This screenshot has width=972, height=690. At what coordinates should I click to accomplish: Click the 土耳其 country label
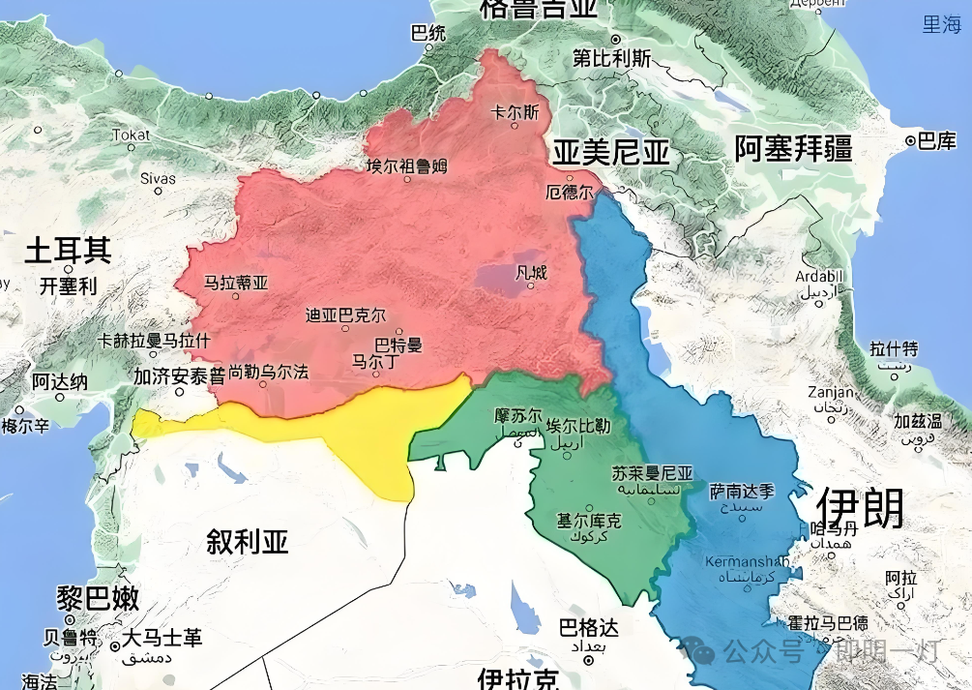(68, 251)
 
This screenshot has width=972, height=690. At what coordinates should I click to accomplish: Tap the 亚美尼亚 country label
(611, 152)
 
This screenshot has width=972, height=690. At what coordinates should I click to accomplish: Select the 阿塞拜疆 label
(793, 149)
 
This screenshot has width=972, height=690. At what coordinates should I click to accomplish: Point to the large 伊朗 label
(860, 506)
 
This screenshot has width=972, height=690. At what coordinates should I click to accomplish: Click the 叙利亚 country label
(248, 541)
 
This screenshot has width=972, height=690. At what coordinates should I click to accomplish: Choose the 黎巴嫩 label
(98, 597)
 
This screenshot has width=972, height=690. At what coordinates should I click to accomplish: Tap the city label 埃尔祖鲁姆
(406, 166)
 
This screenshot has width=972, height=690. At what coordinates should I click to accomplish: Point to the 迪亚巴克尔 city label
(345, 315)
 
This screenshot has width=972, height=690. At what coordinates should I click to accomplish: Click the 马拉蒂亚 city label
(236, 284)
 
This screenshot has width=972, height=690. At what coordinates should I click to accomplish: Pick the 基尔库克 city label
(589, 520)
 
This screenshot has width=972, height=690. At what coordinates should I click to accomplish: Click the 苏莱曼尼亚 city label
(653, 473)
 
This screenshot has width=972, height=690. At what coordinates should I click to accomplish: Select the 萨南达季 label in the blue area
(742, 491)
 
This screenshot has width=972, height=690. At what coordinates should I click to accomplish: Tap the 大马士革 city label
(162, 639)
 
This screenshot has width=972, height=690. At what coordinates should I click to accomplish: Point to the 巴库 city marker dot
(911, 142)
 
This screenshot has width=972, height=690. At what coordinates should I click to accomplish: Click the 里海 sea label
(941, 25)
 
